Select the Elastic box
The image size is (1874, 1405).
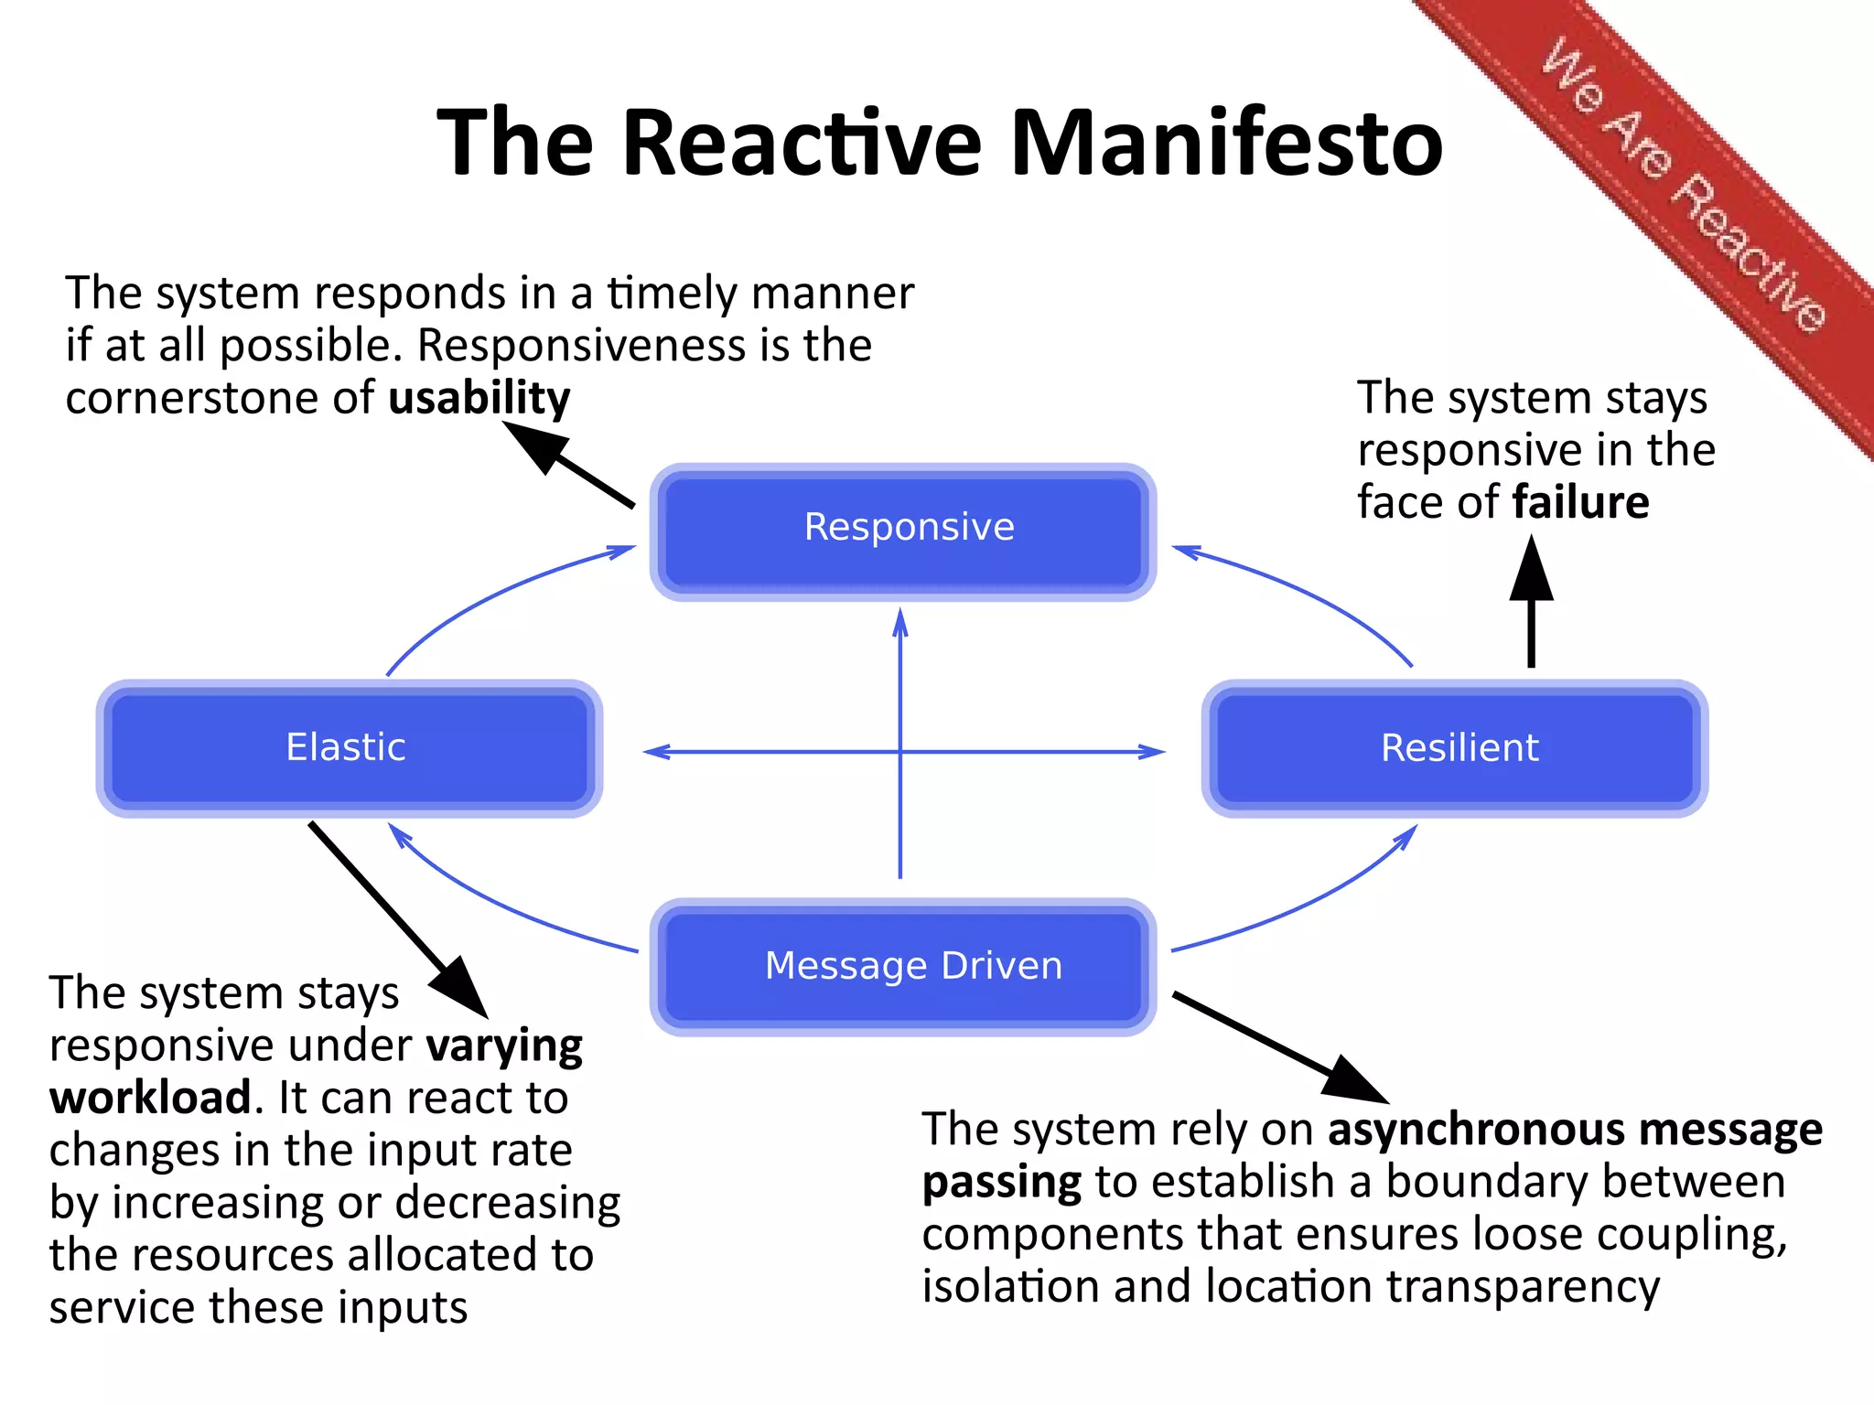click(349, 748)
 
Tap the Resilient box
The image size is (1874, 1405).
click(1455, 748)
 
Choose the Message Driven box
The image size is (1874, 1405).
click(903, 967)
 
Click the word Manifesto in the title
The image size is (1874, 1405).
click(1226, 144)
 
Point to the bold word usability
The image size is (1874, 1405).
click(479, 399)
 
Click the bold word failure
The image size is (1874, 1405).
click(1580, 502)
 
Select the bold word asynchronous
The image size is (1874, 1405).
click(1476, 1130)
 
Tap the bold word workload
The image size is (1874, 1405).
click(151, 1098)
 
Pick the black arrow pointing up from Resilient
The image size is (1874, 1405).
click(1531, 604)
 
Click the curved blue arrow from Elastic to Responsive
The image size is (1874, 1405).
click(485, 595)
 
